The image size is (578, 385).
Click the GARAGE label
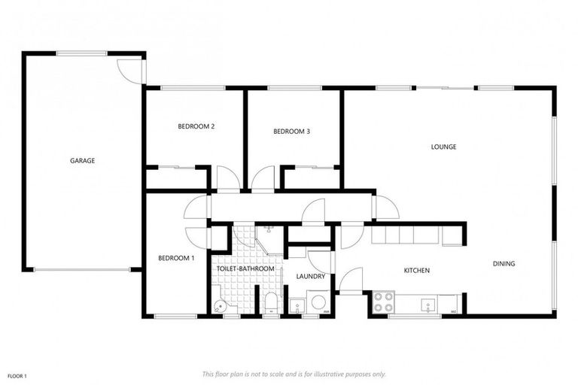click(82, 160)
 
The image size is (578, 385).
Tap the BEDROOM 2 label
click(196, 126)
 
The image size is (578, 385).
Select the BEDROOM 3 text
click(291, 132)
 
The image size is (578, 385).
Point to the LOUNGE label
click(443, 147)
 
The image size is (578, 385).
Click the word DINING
click(503, 264)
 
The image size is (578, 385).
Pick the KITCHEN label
click(416, 270)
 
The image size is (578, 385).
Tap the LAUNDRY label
click(311, 277)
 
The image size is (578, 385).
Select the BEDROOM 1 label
click(176, 259)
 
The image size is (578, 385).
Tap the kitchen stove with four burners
click(385, 303)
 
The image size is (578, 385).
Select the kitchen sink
click(427, 304)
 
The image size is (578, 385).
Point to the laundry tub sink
click(296, 305)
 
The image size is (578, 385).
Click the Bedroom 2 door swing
click(227, 180)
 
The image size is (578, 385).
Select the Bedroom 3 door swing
click(263, 180)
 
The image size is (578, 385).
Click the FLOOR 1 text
click(17, 375)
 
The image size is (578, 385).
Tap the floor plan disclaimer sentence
click(294, 374)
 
